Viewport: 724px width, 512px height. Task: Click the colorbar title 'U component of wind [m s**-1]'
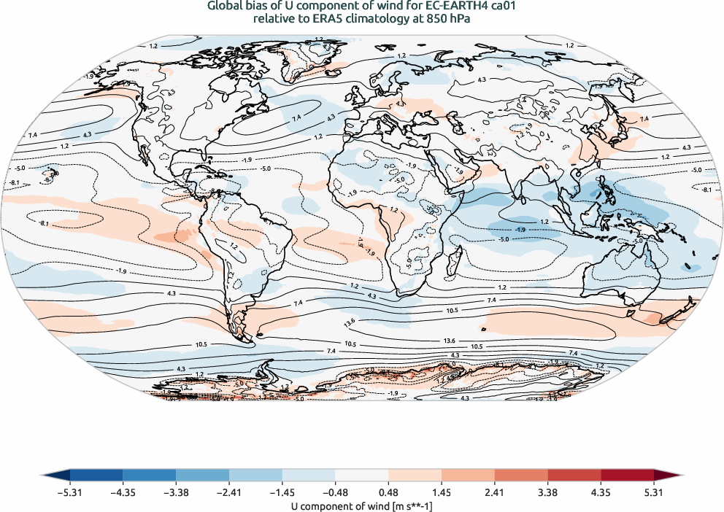[362, 504]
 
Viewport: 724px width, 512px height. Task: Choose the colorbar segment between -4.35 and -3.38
[158, 477]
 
